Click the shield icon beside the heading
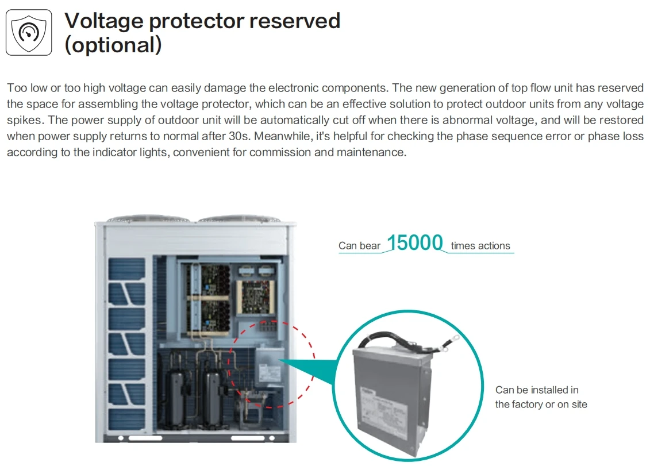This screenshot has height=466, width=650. (x=29, y=33)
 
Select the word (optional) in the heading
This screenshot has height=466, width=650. (x=113, y=45)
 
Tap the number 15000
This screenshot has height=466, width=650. (x=415, y=242)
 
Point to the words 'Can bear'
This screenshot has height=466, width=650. (x=359, y=246)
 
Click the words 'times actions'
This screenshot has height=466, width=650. (x=480, y=246)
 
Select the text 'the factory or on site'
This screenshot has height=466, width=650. (x=541, y=404)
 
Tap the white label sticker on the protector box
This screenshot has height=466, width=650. (x=379, y=409)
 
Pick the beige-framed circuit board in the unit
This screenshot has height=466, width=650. (x=255, y=296)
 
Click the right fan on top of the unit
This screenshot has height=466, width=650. (x=239, y=218)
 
